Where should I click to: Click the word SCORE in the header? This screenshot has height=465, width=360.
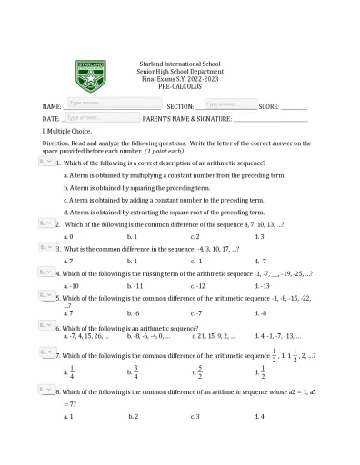coord(269,106)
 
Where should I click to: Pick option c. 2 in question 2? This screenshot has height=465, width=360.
coord(195,236)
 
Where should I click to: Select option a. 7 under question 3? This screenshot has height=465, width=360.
coord(68,261)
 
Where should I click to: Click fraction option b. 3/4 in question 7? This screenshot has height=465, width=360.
coord(133,371)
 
